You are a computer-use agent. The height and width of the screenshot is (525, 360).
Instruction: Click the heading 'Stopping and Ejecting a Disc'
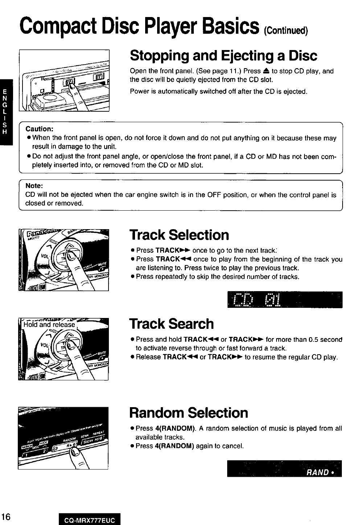tap(223, 56)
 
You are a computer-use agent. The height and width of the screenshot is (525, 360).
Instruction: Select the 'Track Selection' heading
tap(179, 235)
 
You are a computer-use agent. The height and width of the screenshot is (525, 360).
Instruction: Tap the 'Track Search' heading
tap(171, 324)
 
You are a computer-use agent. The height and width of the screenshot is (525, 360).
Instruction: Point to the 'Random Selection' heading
tap(189, 413)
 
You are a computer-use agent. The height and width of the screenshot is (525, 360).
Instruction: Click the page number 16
tap(7, 516)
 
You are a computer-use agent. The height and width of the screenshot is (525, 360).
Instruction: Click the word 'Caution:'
tap(40, 129)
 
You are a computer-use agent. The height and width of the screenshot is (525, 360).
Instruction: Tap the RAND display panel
tap(284, 469)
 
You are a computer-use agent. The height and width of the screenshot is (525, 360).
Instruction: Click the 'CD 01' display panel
tap(284, 299)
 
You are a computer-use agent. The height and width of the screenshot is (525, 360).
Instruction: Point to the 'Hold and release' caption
tap(49, 325)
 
